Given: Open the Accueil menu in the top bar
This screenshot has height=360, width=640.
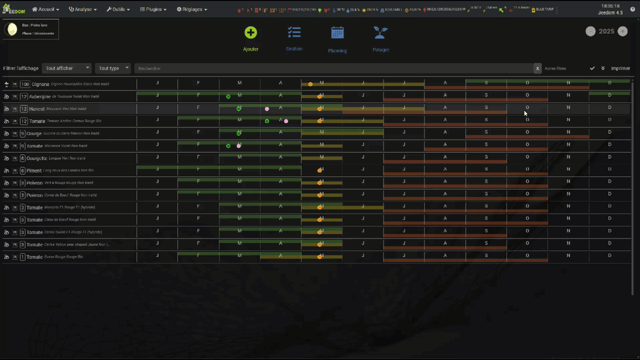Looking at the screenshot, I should click(x=45, y=9).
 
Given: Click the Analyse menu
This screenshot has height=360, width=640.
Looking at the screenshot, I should click(x=83, y=9).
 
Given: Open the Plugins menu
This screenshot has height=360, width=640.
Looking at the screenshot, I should click(x=153, y=9).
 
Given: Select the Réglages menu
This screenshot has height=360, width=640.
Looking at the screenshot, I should click(x=191, y=9).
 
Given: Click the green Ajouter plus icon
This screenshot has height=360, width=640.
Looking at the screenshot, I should click(x=250, y=33).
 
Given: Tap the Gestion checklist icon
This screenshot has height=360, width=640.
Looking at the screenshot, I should click(x=294, y=32).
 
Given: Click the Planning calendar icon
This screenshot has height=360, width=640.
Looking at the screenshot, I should click(x=337, y=33).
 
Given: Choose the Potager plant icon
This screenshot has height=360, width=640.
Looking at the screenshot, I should click(x=380, y=33).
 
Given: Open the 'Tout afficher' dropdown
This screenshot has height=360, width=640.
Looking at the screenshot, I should click(x=67, y=68).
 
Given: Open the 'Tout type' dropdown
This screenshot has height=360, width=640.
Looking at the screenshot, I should click(x=112, y=68).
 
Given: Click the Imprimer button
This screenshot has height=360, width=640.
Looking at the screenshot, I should click(x=620, y=68).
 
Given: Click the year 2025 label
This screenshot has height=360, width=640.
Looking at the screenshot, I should click(x=606, y=31).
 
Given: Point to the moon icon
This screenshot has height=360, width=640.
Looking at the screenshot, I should click(x=11, y=29).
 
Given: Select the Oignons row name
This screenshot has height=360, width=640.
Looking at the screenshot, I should click(x=40, y=84).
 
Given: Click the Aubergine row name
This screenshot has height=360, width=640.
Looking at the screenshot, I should click(x=39, y=96).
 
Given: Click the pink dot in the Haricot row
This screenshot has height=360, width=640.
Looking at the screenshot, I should click(x=267, y=109).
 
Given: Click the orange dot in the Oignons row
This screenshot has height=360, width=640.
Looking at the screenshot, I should click(x=310, y=84).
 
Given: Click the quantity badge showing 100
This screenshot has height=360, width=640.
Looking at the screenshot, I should click(x=25, y=84).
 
